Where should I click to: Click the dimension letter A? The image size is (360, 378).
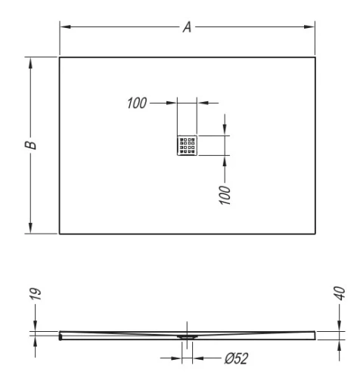click(186, 27)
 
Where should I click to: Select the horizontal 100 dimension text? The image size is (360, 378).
click(137, 102)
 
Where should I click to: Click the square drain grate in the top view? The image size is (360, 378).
click(186, 146)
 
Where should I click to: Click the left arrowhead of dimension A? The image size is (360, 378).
click(64, 27)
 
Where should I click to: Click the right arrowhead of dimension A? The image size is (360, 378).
click(311, 27)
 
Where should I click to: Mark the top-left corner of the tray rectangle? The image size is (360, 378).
click(59, 57)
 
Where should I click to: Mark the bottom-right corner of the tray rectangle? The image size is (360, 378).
click(315, 234)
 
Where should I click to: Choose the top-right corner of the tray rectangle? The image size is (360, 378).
click(315, 57)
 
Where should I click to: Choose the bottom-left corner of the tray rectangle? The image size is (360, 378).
click(59, 234)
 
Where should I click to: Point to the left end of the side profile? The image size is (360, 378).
click(61, 334)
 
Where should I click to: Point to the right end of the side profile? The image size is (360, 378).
click(315, 333)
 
